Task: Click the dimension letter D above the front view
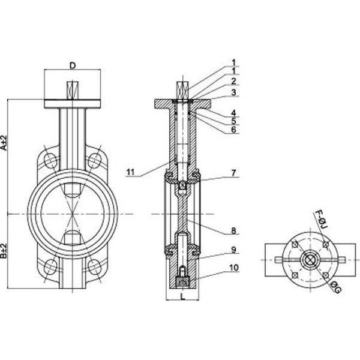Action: [73, 65]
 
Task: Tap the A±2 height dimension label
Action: [4, 143]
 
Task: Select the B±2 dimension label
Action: [4, 251]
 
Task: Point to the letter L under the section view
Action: [183, 296]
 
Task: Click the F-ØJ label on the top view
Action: [322, 220]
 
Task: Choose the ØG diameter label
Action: [335, 287]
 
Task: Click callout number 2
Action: [233, 81]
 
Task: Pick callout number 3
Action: [233, 92]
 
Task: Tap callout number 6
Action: [233, 130]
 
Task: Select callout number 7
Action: [233, 173]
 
